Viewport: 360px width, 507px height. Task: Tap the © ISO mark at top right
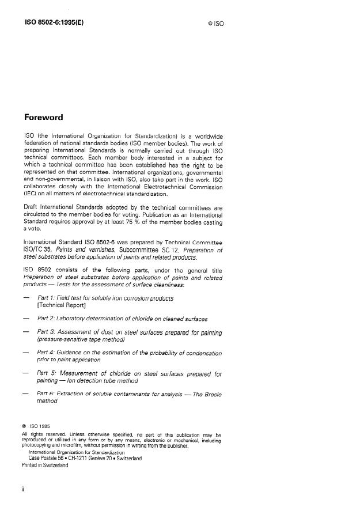click(215, 25)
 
